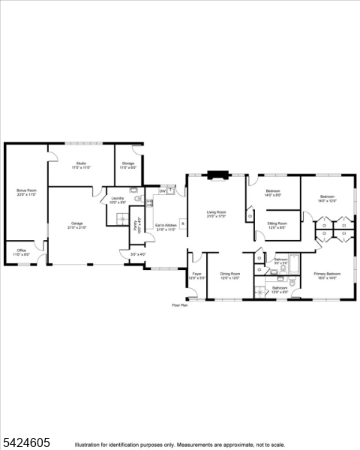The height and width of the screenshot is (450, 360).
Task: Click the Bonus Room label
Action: tap(26, 190)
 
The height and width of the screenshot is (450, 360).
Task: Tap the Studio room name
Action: tap(80, 163)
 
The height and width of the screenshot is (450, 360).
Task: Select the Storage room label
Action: tap(128, 163)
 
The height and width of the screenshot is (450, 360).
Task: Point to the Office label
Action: tap(21, 251)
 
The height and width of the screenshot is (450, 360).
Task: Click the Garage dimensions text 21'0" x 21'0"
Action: tap(77, 227)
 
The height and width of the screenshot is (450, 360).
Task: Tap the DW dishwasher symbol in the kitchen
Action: tap(161, 191)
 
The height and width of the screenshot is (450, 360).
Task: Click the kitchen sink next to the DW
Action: tap(171, 190)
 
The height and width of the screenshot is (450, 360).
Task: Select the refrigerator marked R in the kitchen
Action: tap(181, 223)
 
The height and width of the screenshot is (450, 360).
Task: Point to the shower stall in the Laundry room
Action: tap(121, 217)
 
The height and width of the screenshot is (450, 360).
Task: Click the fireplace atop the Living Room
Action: tap(217, 177)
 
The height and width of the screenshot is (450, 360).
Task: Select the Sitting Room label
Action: tap(277, 223)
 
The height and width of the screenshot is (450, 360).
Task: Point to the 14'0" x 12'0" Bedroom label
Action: tap(326, 197)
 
